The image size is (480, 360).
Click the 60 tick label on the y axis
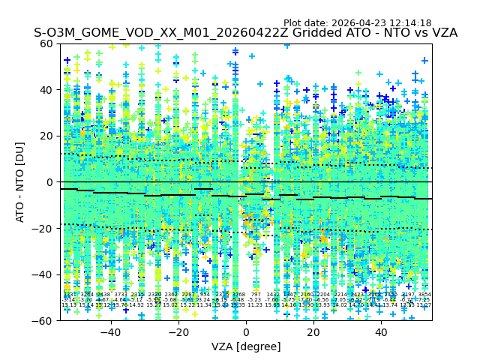(x=47, y=43)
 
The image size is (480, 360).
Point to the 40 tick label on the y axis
(x=47, y=90)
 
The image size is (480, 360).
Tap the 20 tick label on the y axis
(x=47, y=136)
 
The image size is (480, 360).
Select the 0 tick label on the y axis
(x=50, y=182)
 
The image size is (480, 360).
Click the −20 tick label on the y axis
(x=44, y=228)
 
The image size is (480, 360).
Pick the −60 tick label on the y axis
(x=44, y=320)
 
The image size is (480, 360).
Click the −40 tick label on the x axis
(x=110, y=332)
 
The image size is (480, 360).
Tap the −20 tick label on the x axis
(x=178, y=332)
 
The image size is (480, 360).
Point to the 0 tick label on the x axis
(x=245, y=332)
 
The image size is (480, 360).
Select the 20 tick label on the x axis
(x=313, y=332)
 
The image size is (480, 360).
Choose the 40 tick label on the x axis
(x=380, y=332)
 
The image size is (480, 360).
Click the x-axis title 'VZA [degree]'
(x=245, y=346)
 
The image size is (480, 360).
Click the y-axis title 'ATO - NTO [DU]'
(x=21, y=181)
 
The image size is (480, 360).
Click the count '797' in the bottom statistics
(x=256, y=295)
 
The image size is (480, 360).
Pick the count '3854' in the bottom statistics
(x=424, y=295)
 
